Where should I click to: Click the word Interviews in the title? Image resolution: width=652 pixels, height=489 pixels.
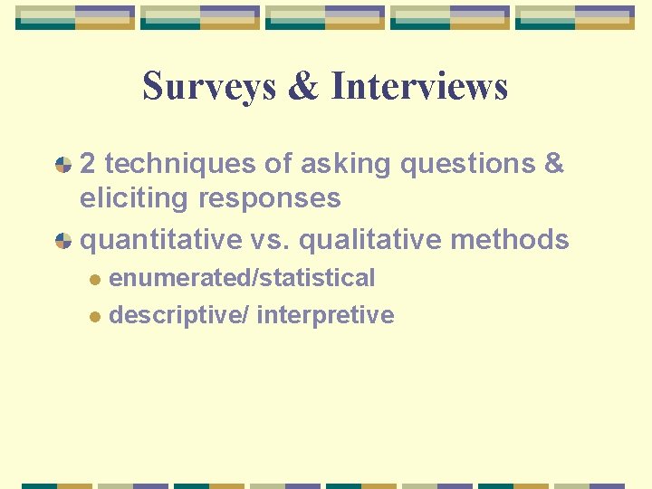(x=419, y=87)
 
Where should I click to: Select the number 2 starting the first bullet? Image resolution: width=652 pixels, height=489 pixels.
(x=88, y=164)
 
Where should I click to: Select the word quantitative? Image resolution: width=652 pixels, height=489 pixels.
(x=158, y=240)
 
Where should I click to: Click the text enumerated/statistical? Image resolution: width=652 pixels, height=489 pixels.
(x=242, y=278)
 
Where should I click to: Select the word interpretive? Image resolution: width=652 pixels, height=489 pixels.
(x=325, y=315)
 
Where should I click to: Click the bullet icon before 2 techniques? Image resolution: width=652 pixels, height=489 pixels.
(x=63, y=165)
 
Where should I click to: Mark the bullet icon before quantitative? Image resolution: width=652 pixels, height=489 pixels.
(x=63, y=241)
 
